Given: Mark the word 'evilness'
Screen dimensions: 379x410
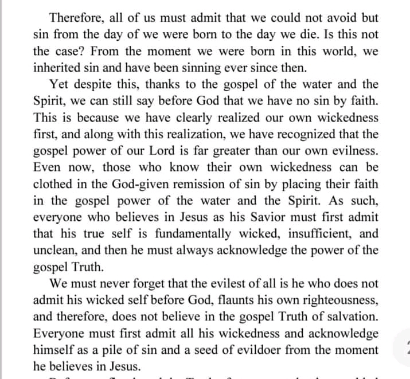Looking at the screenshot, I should click(346, 151).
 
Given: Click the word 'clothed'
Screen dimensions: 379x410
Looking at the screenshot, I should click(53, 185).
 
